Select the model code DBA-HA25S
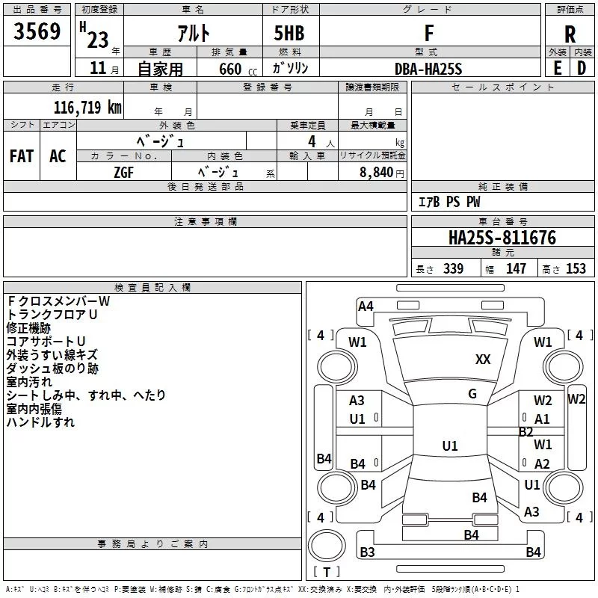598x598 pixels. click(428, 68)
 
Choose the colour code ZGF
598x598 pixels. click(124, 171)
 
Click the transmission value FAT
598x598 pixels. click(21, 156)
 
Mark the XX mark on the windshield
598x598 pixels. click(483, 360)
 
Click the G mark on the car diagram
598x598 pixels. click(472, 394)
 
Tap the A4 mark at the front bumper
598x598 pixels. click(366, 306)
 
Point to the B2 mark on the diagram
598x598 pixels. click(525, 431)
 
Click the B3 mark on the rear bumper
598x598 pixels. click(367, 552)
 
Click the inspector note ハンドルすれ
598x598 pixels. click(40, 422)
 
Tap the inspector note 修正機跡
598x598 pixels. click(28, 328)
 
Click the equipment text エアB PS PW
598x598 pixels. click(449, 202)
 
